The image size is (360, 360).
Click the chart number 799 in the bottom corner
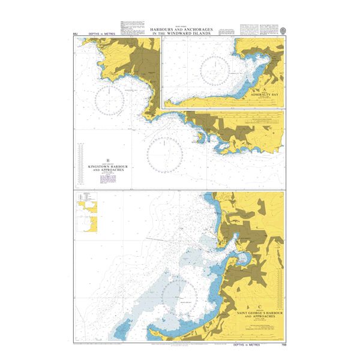pyautogui.click(x=282, y=346)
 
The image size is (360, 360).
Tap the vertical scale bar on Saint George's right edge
pyautogui.click(x=280, y=288)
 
